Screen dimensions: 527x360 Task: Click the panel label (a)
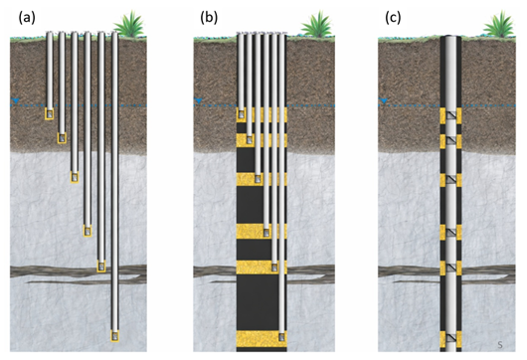27,18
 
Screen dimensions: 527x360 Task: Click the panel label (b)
209,18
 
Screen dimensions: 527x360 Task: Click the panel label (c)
393,18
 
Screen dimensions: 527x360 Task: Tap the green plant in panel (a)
129,24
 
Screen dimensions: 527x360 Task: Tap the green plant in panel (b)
316,24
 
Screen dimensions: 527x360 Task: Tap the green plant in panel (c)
499,24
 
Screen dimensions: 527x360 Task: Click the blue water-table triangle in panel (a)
16,100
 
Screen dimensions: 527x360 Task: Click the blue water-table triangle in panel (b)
199,100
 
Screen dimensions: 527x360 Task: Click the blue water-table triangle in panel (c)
384,100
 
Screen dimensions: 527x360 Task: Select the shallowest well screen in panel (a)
50,114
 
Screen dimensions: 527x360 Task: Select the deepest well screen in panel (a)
115,336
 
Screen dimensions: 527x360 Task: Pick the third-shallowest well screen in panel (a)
75,177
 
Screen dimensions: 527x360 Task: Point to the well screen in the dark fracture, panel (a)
101,267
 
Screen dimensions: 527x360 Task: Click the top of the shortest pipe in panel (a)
50,33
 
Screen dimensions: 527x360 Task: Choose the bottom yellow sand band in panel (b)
262,339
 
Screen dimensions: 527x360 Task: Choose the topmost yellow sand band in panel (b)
262,115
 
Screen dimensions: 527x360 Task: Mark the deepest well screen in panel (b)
281,336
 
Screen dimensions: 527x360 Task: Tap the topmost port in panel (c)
450,116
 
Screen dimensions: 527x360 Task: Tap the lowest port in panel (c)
450,338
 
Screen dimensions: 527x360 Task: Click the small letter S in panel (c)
500,345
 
